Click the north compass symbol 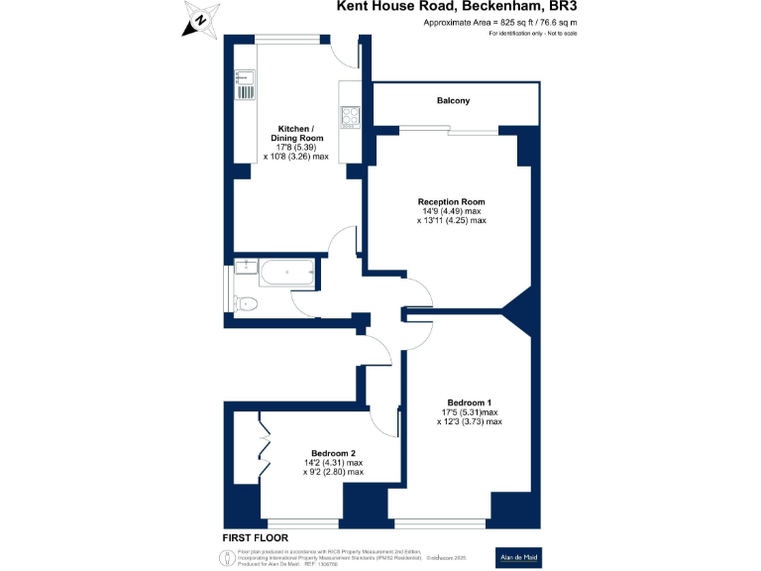(x=202, y=18)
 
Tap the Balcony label (x=453, y=101)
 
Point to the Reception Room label (x=451, y=201)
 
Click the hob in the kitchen (x=350, y=117)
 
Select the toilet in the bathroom (x=246, y=303)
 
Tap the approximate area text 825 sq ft (x=500, y=22)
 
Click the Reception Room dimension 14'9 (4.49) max (x=451, y=211)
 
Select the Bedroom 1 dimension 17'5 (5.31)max (x=469, y=412)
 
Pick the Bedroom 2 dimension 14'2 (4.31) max (x=333, y=463)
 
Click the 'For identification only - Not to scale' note (x=533, y=34)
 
